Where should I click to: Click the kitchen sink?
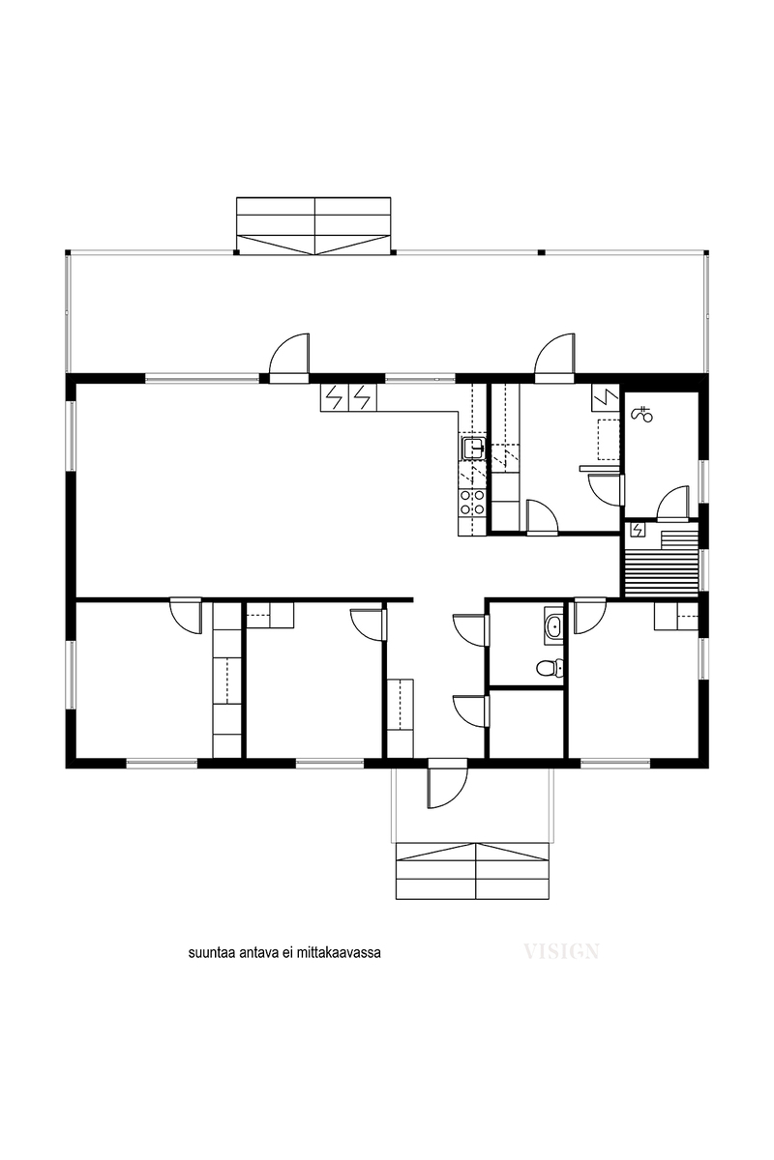click(473, 448)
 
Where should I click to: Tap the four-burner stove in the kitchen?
click(472, 502)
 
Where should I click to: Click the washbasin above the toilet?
click(553, 626)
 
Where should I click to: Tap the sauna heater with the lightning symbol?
click(637, 530)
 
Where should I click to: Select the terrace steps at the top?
click(313, 225)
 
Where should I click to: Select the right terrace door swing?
click(555, 359)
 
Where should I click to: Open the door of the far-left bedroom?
click(186, 616)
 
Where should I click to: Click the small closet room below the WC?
click(527, 722)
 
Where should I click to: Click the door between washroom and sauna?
click(674, 503)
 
